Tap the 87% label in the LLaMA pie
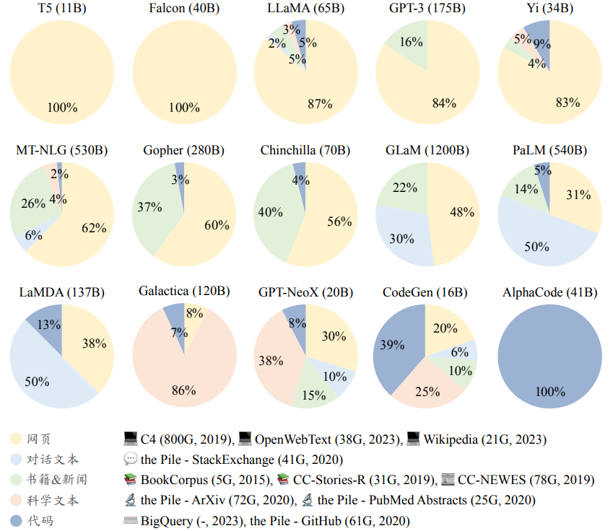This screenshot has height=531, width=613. [x=321, y=104]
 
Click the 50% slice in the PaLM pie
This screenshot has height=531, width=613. [x=537, y=246]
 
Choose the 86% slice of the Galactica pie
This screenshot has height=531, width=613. [x=183, y=390]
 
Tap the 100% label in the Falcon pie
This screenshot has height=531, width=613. [x=184, y=107]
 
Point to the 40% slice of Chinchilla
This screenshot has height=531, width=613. [x=271, y=213]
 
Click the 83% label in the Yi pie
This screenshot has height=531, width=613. [x=568, y=102]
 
